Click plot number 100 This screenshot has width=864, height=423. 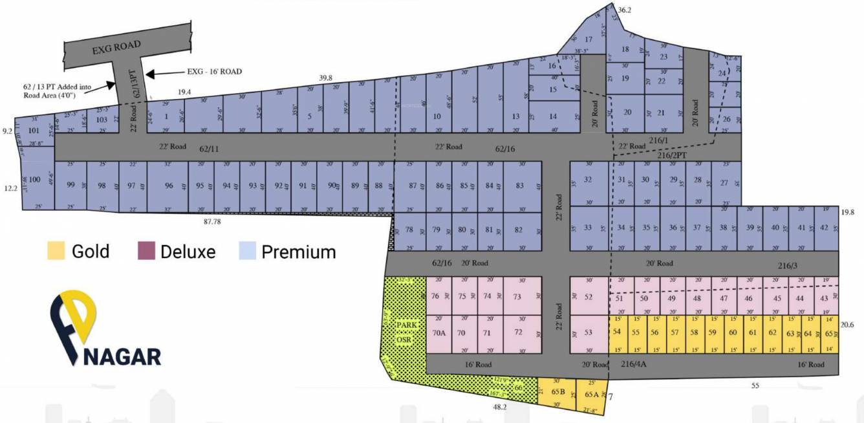[x=35, y=179]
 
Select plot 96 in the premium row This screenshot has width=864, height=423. [x=169, y=186]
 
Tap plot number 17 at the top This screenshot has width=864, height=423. [x=589, y=39]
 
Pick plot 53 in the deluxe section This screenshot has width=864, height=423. [x=589, y=332]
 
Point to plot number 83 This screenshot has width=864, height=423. [x=520, y=186]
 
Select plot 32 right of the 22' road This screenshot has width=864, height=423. [x=588, y=180]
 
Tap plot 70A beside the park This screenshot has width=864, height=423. [x=438, y=333]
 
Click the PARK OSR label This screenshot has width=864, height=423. [x=404, y=331]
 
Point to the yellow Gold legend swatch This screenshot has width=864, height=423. [x=56, y=251]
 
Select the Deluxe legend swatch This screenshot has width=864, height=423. [x=146, y=251]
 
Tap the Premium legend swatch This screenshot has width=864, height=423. [x=248, y=251]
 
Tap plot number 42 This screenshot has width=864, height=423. [x=824, y=228]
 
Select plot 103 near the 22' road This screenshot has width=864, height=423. [x=102, y=120]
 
